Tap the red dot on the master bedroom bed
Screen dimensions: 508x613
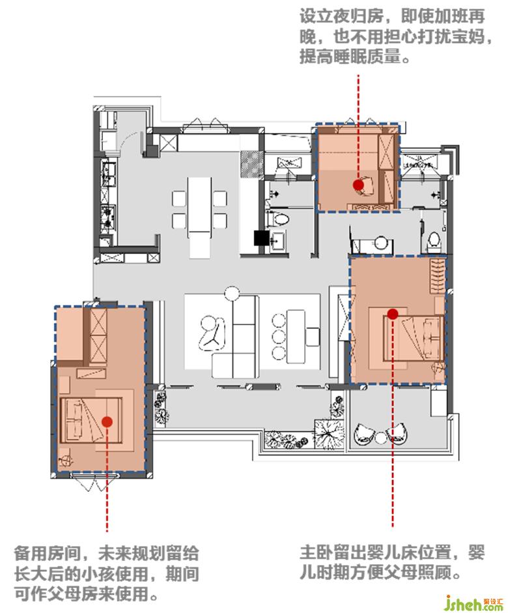(x=393, y=313)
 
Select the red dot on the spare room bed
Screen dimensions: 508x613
(x=107, y=421)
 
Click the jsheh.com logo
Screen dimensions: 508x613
(x=474, y=603)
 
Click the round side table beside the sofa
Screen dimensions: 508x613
(x=232, y=294)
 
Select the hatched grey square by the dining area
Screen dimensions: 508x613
(x=252, y=164)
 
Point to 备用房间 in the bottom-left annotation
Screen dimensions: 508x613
(x=48, y=553)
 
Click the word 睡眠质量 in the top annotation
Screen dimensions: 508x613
(x=367, y=57)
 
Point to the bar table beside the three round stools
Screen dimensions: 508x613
(x=296, y=336)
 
